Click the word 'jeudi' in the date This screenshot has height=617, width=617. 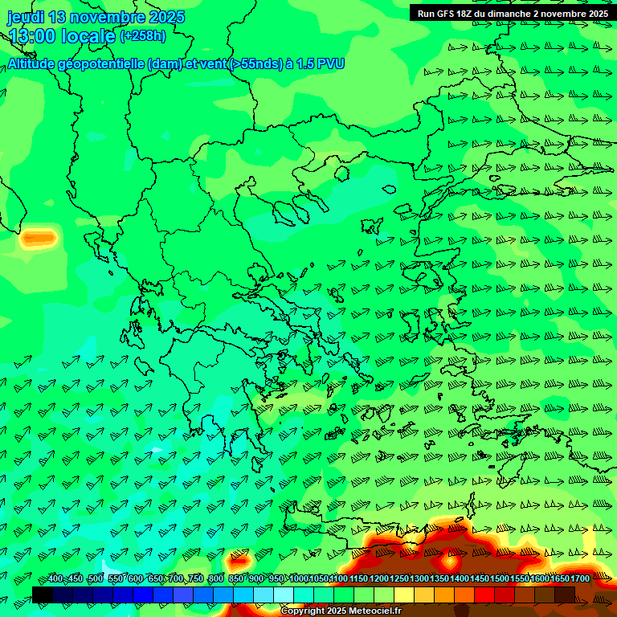(x=25, y=17)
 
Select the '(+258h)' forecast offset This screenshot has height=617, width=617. (x=143, y=35)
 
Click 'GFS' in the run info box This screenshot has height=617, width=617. (x=447, y=14)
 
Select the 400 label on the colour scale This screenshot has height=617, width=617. (x=55, y=579)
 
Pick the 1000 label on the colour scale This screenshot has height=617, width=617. (x=299, y=579)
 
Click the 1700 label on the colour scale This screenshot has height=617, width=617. (x=580, y=579)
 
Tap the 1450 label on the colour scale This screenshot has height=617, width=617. (x=480, y=579)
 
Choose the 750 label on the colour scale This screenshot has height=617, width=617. (x=196, y=579)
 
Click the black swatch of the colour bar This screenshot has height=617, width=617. (x=43, y=595)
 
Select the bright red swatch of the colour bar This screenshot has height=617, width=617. (x=484, y=595)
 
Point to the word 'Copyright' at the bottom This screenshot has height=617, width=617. (x=304, y=611)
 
